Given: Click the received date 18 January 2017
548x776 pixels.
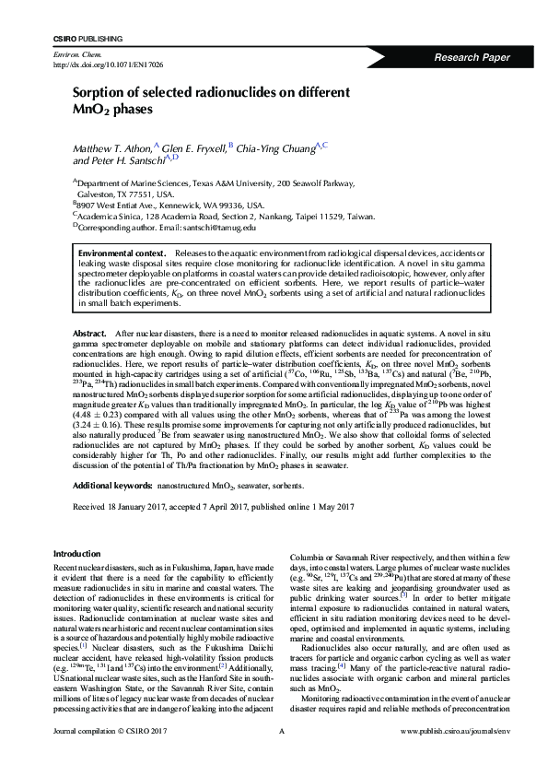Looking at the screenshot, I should (139, 507).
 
